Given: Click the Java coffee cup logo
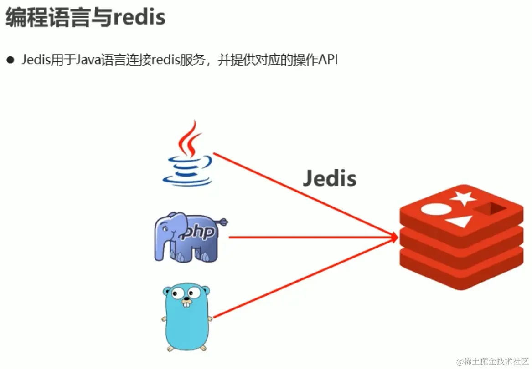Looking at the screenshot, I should (188, 155).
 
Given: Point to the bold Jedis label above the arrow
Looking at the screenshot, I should (330, 178).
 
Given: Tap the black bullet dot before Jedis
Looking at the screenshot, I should (10, 60).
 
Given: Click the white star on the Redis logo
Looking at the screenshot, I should (463, 198).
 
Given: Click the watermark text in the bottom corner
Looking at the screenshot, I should (493, 361).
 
